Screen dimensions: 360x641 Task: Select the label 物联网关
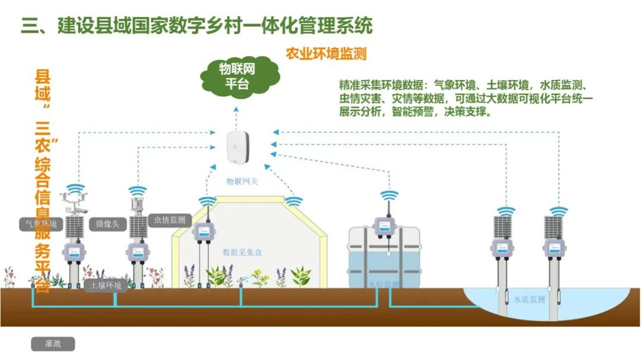[x=242, y=181]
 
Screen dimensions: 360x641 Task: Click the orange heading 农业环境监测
[x=326, y=54]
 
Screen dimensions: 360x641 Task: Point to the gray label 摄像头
[x=108, y=224]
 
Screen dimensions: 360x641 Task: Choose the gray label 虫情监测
[x=170, y=220]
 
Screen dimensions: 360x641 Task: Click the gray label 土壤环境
[x=106, y=286]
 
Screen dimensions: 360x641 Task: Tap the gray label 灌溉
[x=53, y=343]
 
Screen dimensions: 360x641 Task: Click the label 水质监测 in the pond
[x=529, y=300]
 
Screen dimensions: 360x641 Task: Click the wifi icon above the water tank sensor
[x=389, y=195]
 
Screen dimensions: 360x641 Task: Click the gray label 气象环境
[x=39, y=224]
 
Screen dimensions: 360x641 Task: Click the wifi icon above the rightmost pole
[x=559, y=211]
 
